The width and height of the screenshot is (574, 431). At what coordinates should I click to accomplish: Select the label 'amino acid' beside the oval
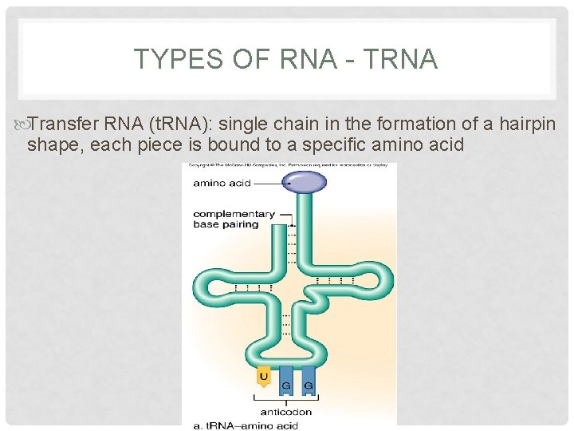click(x=222, y=183)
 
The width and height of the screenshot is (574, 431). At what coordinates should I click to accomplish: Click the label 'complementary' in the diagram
click(x=234, y=214)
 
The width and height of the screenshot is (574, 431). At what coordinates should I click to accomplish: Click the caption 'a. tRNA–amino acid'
click(x=246, y=425)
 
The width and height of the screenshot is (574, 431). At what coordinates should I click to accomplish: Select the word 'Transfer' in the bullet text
click(x=60, y=124)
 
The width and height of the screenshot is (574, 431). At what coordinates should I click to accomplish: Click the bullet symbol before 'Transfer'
click(x=21, y=124)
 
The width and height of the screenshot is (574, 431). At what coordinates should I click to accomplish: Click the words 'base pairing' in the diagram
click(x=226, y=224)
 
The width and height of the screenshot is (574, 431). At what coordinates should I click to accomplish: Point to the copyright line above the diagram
click(x=289, y=167)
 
